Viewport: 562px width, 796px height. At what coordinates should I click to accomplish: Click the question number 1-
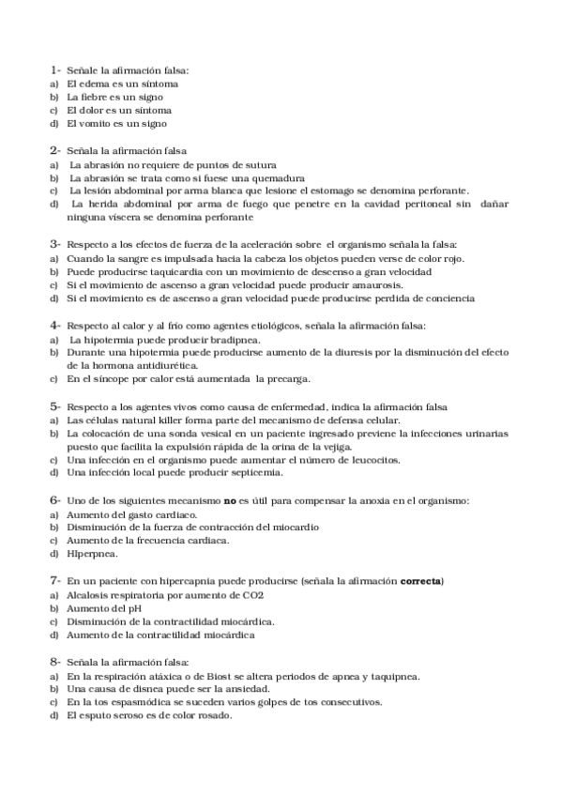[55, 70]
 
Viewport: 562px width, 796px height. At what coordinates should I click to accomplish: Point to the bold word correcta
[420, 582]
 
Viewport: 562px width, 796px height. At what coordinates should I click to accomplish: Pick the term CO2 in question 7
[251, 595]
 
